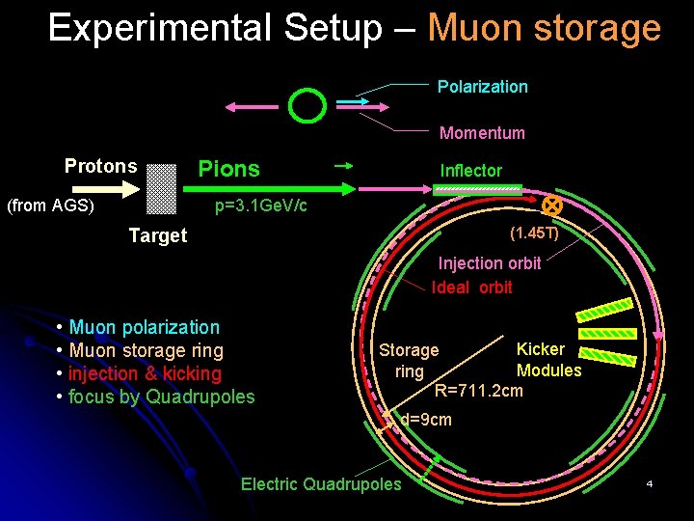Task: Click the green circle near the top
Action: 308,106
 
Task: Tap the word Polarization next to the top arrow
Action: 482,87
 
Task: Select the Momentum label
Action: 482,133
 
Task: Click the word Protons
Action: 100,166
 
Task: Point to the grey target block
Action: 162,188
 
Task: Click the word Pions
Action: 228,169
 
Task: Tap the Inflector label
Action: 470,171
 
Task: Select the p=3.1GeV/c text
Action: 260,206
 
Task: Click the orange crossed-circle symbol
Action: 552,206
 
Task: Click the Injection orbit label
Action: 490,263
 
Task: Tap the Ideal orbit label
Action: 472,287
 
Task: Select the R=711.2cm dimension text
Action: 479,391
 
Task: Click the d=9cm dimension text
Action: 425,421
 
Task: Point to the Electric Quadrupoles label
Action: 320,484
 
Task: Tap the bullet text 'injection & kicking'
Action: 145,374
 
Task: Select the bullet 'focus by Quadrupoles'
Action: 161,398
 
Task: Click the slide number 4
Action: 650,482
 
